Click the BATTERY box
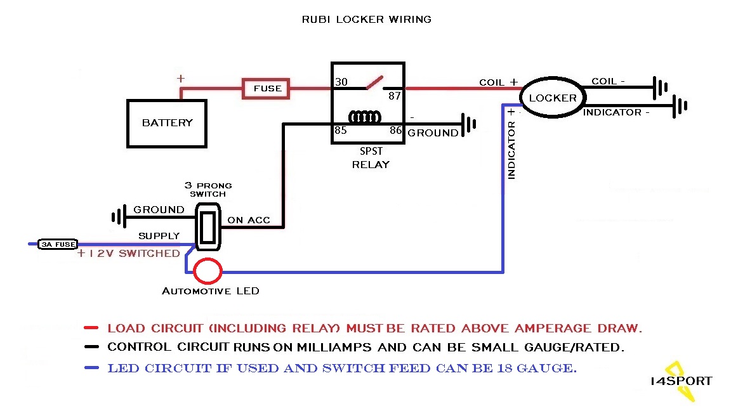coord(168,123)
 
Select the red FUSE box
coord(267,89)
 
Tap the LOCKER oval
coord(553,98)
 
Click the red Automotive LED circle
coord(207,271)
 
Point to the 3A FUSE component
coord(58,244)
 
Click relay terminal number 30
coord(341,82)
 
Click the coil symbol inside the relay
coord(365,117)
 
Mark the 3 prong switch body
coord(207,227)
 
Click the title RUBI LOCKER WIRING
coord(367,20)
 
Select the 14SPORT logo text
coord(681,381)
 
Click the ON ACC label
coord(249,221)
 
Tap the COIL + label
coord(498,82)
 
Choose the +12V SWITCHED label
coord(129,254)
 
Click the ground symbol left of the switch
coord(117,218)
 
